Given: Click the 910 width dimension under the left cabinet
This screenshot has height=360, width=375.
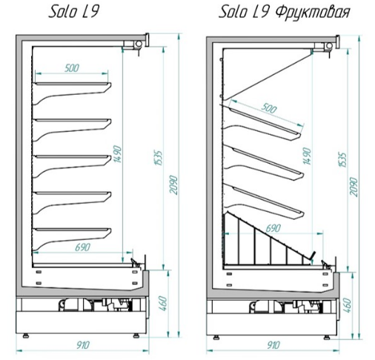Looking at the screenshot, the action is (x=82, y=345).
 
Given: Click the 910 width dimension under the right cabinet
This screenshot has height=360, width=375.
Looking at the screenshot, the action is (x=273, y=345).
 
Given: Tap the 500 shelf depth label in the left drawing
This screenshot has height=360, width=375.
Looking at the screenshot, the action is (x=72, y=68).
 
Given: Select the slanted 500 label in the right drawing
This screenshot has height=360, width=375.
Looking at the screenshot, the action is (x=269, y=108).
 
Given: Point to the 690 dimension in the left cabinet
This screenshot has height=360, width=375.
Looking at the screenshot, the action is (x=82, y=247).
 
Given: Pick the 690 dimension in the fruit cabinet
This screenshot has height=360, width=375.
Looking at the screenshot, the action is (x=273, y=228).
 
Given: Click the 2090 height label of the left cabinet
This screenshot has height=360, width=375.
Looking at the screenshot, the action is (x=174, y=185).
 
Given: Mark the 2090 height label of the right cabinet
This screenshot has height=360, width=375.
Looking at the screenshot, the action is (x=354, y=187).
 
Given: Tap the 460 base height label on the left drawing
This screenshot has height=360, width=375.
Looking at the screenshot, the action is (x=164, y=304).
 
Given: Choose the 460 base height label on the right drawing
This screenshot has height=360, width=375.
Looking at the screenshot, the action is (x=347, y=305).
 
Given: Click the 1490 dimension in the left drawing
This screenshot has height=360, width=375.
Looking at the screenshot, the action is (x=118, y=155).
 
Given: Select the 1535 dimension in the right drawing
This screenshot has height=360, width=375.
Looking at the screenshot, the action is (x=343, y=160).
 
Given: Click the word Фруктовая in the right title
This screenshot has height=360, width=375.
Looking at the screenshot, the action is (x=312, y=12).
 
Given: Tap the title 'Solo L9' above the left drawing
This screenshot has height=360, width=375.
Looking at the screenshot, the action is (x=73, y=12).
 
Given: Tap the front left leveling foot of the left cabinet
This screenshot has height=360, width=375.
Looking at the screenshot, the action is (x=25, y=336).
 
